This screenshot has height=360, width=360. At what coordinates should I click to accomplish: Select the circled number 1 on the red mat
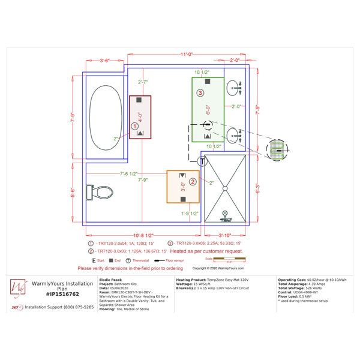pyautogui.click(x=134, y=125)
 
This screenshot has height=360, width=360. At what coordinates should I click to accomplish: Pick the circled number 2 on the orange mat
pyautogui.click(x=193, y=181)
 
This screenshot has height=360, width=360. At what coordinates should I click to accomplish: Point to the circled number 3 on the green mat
pyautogui.click(x=200, y=92)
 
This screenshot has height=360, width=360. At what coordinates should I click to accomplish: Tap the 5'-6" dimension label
pyautogui.click(x=73, y=193)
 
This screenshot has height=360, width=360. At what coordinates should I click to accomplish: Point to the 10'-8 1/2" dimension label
pyautogui.click(x=142, y=235)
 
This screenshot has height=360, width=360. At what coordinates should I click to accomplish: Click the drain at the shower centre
pyautogui.click(x=225, y=188)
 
